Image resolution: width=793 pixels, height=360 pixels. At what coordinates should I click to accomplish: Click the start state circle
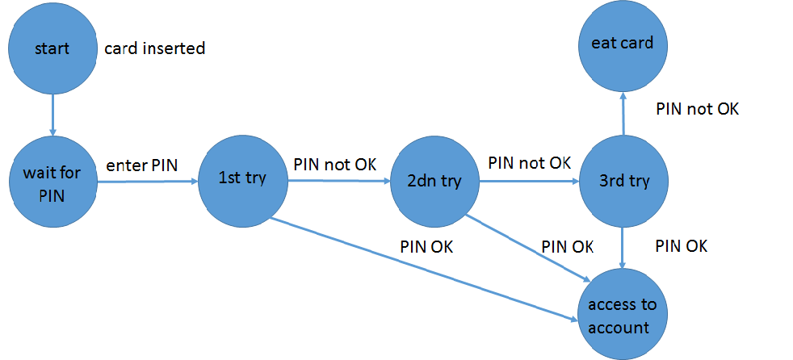pyautogui.click(x=52, y=48)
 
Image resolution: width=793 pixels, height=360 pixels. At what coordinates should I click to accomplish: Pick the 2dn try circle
pyautogui.click(x=434, y=181)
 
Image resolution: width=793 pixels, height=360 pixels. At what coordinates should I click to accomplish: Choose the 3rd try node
pyautogui.click(x=623, y=181)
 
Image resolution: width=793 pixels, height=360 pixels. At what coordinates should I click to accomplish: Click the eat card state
pyautogui.click(x=622, y=44)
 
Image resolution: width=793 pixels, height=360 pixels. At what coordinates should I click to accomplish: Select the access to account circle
pyautogui.click(x=622, y=316)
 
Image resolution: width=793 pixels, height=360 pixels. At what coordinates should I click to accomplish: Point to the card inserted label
pyautogui.click(x=155, y=48)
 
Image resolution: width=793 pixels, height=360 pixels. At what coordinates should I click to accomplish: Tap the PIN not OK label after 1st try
pyautogui.click(x=334, y=164)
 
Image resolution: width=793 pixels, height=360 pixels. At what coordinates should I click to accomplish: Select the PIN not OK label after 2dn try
pyautogui.click(x=529, y=162)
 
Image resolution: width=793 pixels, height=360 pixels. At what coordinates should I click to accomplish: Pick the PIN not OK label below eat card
pyautogui.click(x=697, y=108)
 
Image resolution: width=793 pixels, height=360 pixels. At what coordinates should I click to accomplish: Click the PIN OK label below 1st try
pyautogui.click(x=426, y=247)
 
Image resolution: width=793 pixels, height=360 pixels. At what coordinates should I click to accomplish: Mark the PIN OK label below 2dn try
pyautogui.click(x=568, y=246)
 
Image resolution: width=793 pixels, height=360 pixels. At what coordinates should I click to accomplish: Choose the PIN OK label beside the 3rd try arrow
pyautogui.click(x=681, y=245)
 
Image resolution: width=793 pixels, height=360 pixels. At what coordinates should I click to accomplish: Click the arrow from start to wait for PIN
pyautogui.click(x=52, y=113)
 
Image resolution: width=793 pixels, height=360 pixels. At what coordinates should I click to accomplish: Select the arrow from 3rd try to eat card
pyautogui.click(x=623, y=112)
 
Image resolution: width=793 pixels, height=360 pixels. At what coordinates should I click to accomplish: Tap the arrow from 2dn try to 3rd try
pyautogui.click(x=529, y=182)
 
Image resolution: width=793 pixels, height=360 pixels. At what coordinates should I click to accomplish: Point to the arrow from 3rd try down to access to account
pyautogui.click(x=623, y=247)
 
